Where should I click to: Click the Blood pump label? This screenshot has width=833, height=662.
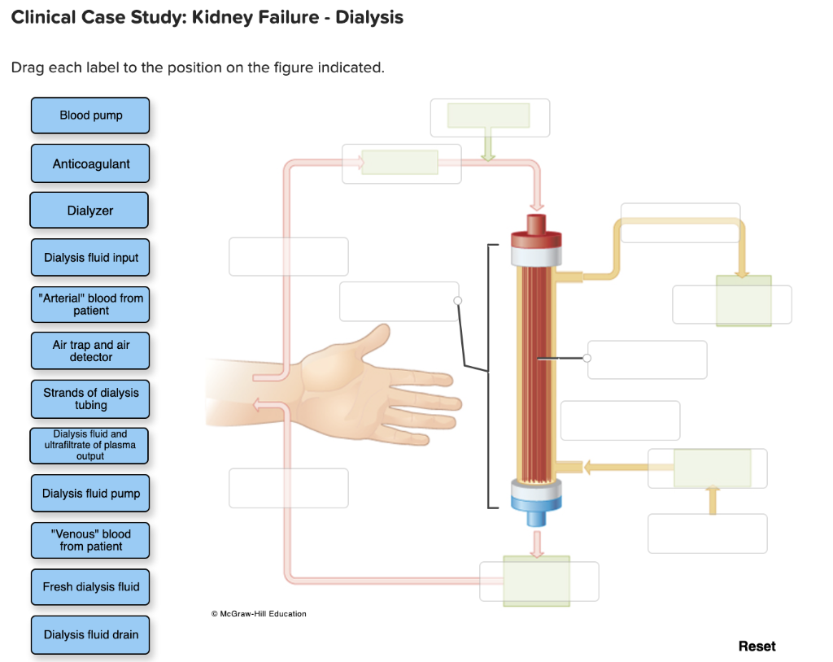click(x=90, y=115)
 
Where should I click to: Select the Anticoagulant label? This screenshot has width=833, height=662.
click(x=90, y=163)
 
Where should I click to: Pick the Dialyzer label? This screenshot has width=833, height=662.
click(x=89, y=211)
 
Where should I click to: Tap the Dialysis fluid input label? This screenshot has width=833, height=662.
click(x=90, y=258)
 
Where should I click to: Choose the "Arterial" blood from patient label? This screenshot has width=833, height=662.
click(x=90, y=304)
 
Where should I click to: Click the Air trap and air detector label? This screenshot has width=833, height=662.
click(x=90, y=351)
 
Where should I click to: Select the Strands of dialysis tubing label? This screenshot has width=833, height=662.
click(x=90, y=399)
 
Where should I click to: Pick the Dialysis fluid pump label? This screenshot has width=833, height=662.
click(x=90, y=494)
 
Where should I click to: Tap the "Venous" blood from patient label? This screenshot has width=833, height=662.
click(x=90, y=540)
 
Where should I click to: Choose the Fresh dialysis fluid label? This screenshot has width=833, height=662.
click(x=90, y=587)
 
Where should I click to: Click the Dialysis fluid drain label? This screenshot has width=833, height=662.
click(x=90, y=634)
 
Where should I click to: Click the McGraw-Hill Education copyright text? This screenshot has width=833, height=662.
click(x=258, y=613)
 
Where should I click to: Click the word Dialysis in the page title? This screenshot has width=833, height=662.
click(x=369, y=17)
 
